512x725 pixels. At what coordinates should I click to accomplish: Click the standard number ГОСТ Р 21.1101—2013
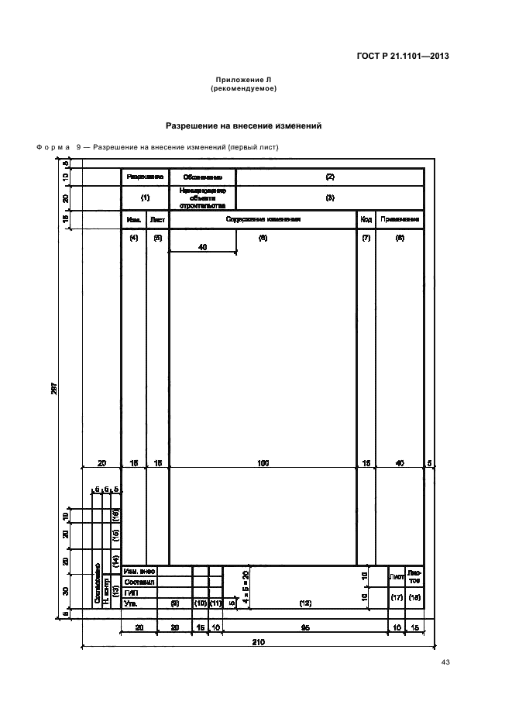tap(414, 56)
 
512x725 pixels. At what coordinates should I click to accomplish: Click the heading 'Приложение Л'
tap(244, 80)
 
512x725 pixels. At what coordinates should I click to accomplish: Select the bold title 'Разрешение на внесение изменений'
tap(244, 125)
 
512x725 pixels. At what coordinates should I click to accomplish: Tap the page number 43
tap(445, 661)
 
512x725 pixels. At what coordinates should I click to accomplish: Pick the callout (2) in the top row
tap(329, 177)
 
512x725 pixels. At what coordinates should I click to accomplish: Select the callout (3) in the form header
tap(329, 198)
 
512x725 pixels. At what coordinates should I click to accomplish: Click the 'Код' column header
tap(366, 219)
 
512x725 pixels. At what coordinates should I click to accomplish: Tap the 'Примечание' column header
tap(400, 219)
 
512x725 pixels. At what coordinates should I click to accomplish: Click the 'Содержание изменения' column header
tap(263, 219)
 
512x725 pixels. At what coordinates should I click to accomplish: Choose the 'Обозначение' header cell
tap(202, 177)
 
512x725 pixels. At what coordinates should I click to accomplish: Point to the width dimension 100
tap(263, 462)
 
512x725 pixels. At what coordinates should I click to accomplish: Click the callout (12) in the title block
tap(305, 602)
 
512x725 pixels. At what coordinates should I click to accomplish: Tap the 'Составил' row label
tap(139, 581)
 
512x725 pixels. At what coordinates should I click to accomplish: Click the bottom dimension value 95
tap(305, 627)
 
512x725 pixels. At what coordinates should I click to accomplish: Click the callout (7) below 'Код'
tap(366, 238)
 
